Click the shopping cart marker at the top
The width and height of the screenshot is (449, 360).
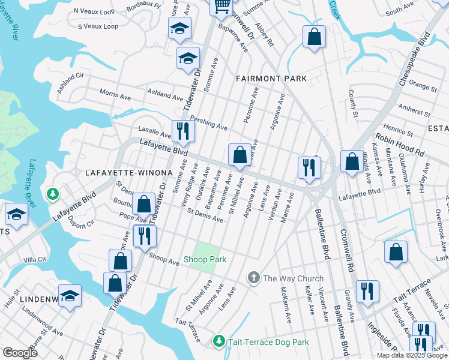point(222,7)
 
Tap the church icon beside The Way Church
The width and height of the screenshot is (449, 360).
point(254,278)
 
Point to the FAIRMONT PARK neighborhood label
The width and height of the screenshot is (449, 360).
point(271,79)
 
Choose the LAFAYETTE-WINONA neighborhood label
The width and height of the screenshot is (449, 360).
point(129,173)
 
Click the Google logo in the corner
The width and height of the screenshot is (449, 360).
point(20,353)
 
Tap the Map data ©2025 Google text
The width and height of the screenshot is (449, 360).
point(412,355)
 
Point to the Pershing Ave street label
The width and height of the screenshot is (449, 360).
point(209,124)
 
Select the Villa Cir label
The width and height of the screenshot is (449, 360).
point(34,259)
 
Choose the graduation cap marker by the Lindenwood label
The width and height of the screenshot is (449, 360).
point(70,296)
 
